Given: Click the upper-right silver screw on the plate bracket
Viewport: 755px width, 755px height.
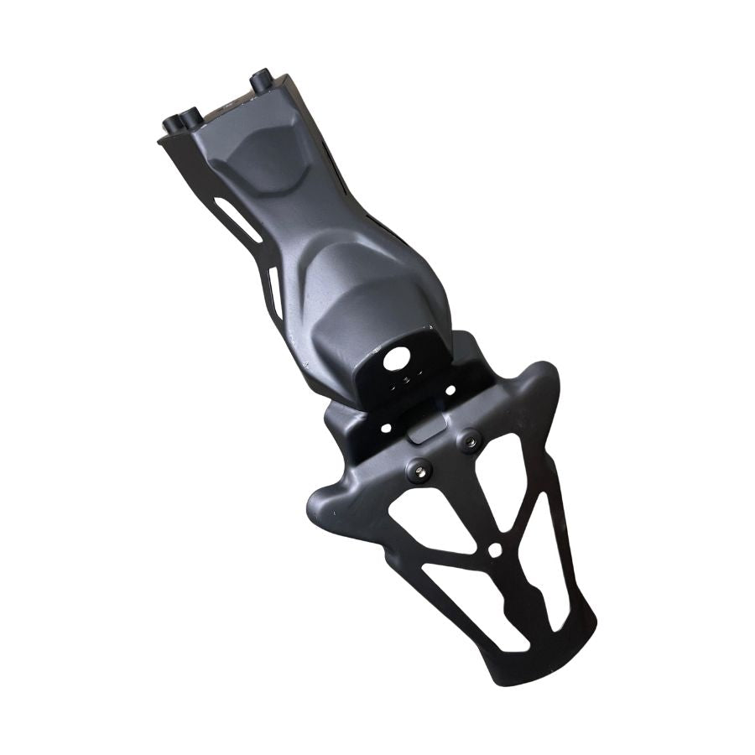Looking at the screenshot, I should click(470, 440).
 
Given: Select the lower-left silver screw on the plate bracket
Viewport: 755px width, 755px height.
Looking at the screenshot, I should click(418, 466).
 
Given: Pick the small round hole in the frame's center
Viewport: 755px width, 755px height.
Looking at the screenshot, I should click(496, 549).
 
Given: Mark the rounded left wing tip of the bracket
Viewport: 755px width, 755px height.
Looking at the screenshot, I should click(323, 503).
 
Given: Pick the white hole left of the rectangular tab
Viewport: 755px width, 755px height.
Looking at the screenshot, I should click(386, 428).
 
